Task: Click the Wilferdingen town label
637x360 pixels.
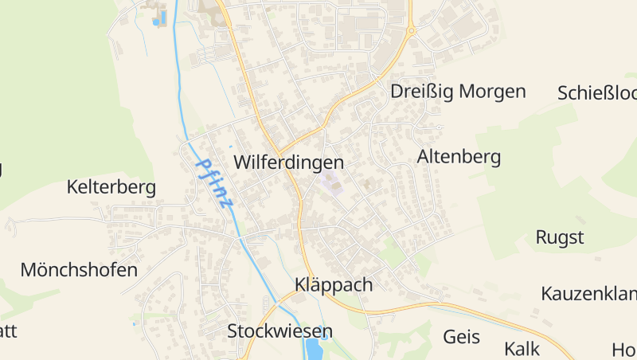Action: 288,162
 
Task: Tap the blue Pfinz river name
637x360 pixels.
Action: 214,183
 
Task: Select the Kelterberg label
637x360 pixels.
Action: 111,187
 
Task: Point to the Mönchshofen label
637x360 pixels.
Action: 79,270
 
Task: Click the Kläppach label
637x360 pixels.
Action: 333,285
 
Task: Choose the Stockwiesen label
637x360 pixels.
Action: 279,331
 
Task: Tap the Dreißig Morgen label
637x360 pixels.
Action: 458,92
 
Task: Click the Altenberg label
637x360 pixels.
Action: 459,157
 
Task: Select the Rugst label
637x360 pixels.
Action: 560,237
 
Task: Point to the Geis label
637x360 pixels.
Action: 462,337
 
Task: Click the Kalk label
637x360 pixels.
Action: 522,349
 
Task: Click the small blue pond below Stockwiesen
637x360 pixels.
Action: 314,349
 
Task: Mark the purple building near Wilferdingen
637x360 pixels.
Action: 331,185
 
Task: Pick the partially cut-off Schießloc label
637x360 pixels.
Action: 597,93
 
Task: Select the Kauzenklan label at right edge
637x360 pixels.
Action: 588,294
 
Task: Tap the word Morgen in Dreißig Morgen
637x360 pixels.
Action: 492,92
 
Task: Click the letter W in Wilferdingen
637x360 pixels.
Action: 241,162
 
